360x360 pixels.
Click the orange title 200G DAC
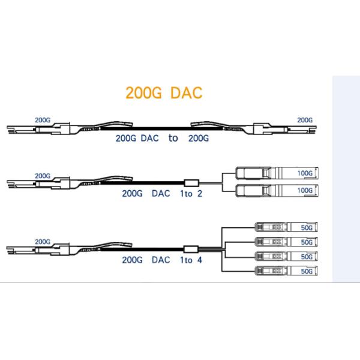click(164, 93)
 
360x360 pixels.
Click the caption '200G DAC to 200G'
click(163, 138)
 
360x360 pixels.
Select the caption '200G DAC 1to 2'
click(162, 194)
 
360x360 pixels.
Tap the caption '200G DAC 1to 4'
click(162, 260)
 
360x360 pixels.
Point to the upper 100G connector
click(277, 173)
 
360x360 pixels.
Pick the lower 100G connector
click(277, 191)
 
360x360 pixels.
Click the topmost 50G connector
click(287, 227)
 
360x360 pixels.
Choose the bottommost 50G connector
click(287, 271)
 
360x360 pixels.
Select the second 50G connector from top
click(287, 242)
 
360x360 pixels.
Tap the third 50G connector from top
click(287, 256)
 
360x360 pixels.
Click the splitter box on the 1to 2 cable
click(191, 183)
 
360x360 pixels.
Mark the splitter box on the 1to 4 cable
click(191, 250)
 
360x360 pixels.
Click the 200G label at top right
click(305, 120)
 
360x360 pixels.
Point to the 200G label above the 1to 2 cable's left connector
click(43, 176)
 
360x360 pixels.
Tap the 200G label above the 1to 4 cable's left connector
click(43, 242)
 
